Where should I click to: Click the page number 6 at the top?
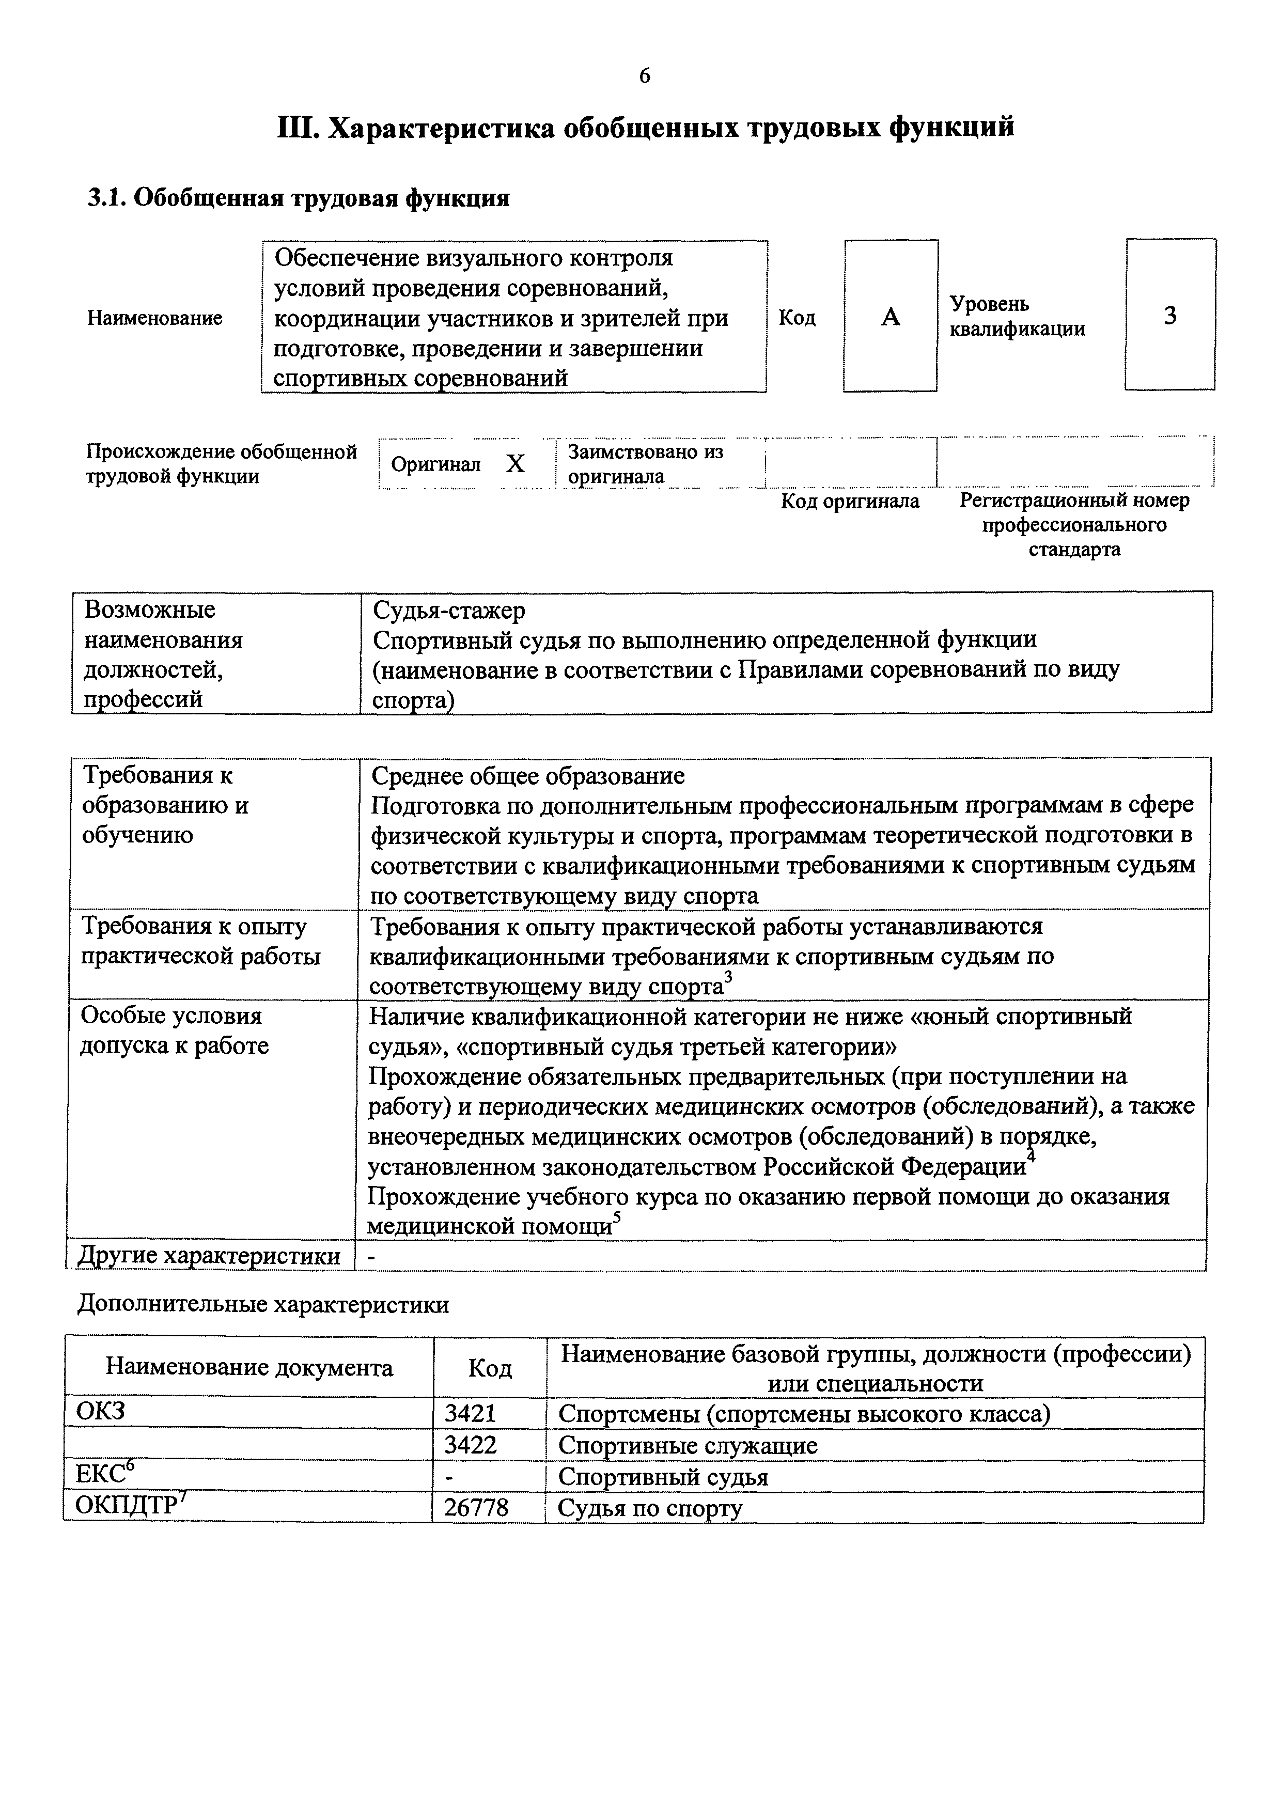tap(645, 76)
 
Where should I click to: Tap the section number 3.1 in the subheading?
tap(106, 198)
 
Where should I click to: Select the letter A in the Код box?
tap(890, 317)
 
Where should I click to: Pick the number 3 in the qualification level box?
tap(1170, 316)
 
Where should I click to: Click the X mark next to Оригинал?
tap(516, 464)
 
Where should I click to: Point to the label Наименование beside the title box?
tap(154, 318)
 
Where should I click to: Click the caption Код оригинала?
tap(850, 501)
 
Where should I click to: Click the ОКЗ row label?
tap(100, 1410)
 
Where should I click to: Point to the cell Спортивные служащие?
tap(688, 1446)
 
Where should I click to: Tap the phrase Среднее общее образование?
tap(528, 776)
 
